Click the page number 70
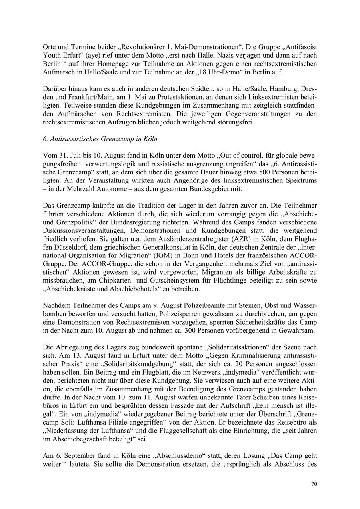click(314, 484)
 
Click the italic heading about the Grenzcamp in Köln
click(100, 139)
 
